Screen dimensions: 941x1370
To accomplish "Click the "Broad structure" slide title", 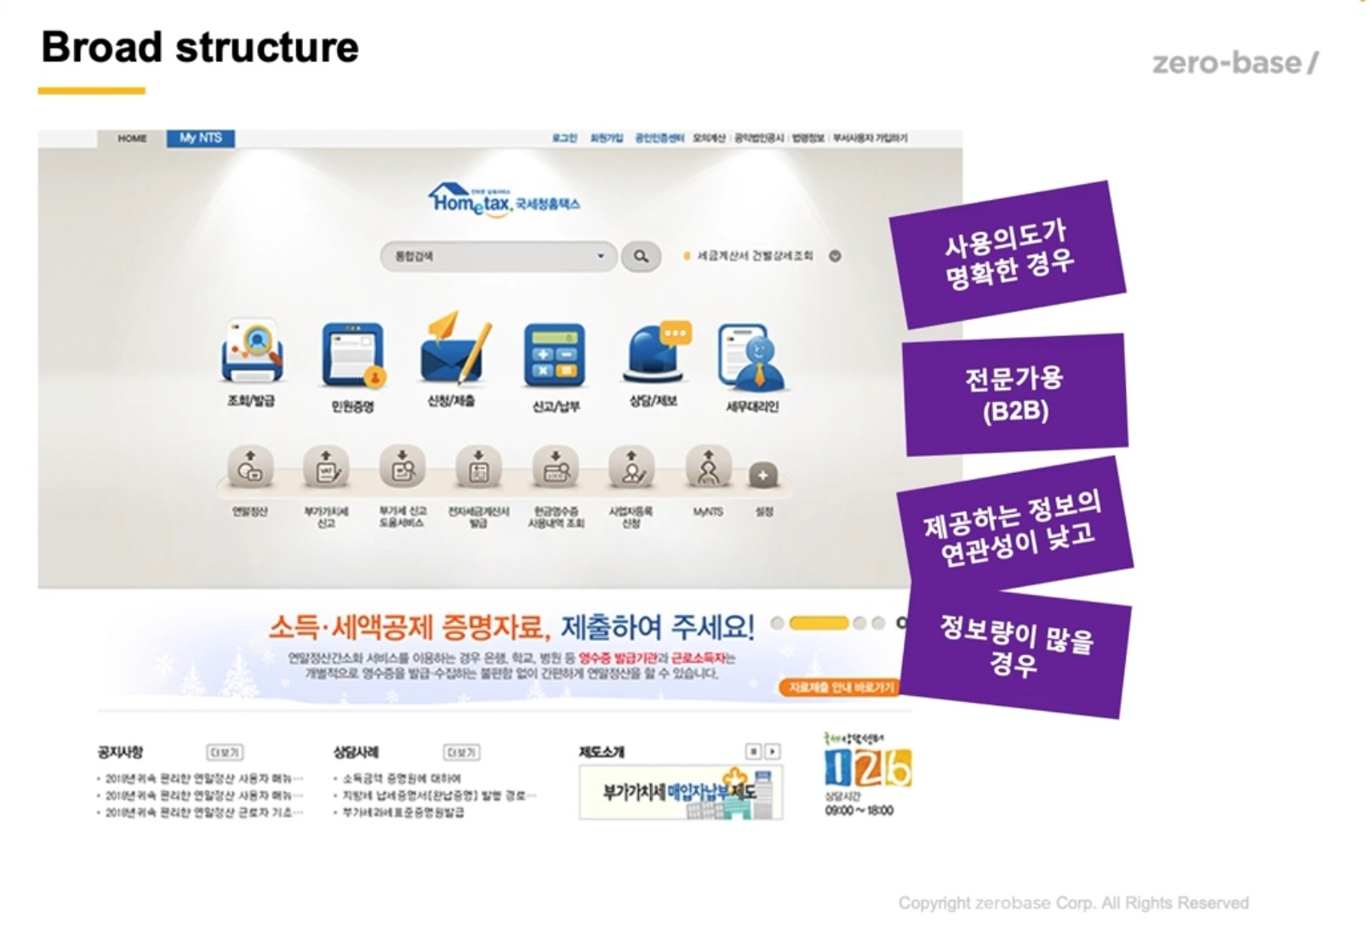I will click(x=200, y=48).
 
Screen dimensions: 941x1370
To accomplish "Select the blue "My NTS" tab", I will click(x=201, y=138).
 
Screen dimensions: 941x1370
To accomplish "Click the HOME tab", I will click(x=132, y=138).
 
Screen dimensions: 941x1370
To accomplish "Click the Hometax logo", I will click(x=504, y=201).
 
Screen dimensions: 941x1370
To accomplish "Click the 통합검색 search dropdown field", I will click(x=498, y=256).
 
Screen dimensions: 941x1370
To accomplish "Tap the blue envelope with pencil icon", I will click(x=454, y=351).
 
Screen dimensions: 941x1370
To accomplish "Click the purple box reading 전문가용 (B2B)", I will click(x=1015, y=395).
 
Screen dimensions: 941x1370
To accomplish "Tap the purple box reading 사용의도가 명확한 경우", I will click(x=1008, y=254).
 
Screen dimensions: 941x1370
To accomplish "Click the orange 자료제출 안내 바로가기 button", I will click(x=840, y=687).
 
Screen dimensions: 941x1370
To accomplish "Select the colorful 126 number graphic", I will click(x=867, y=767).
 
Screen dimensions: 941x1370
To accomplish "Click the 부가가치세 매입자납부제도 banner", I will click(x=681, y=792).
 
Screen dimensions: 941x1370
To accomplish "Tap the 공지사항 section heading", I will click(x=121, y=752).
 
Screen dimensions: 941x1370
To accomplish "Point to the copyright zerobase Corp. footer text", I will click(x=1073, y=903).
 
